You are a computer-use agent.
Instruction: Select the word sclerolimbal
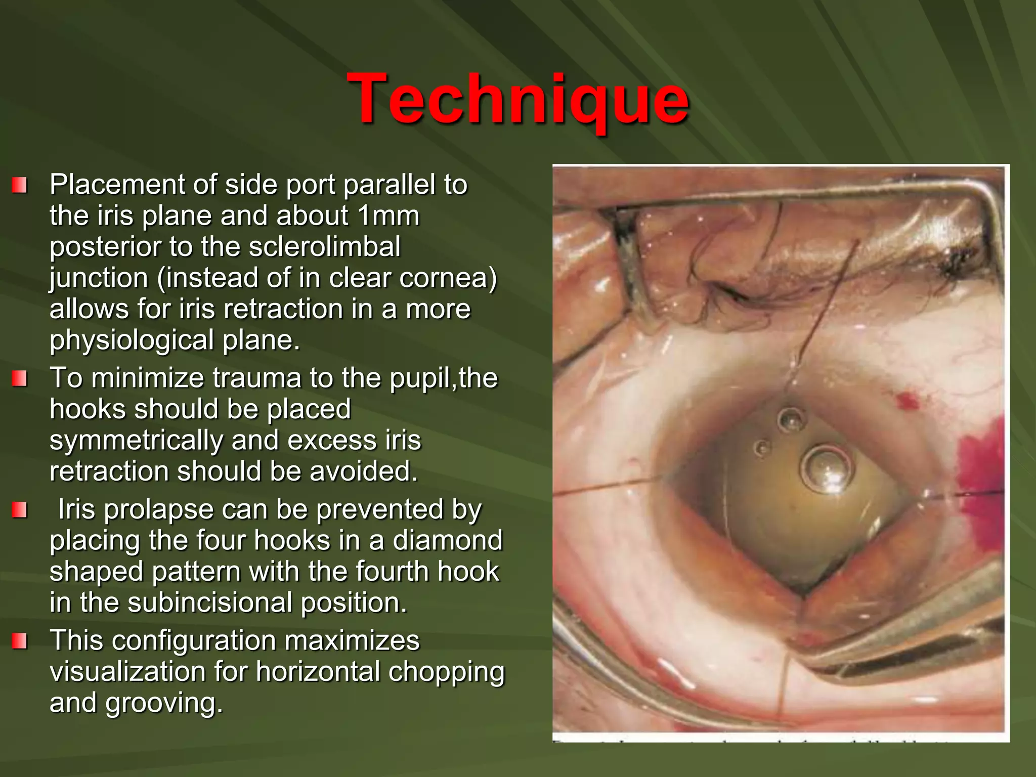tap(326, 247)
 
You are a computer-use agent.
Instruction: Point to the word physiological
tap(132, 340)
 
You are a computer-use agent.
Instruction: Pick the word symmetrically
tap(136, 440)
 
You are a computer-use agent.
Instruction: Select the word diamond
tap(447, 540)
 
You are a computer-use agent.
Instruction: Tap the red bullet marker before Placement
tap(19, 185)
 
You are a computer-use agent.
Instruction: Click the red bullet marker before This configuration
tap(19, 641)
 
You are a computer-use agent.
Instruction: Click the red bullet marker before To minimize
tap(19, 378)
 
